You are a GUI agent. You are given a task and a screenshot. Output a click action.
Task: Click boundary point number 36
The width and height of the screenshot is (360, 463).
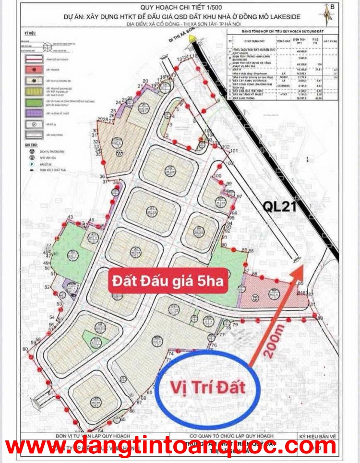[x=102, y=177]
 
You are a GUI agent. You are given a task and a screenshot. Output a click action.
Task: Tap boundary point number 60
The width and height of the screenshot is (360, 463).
[x=25, y=349]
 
